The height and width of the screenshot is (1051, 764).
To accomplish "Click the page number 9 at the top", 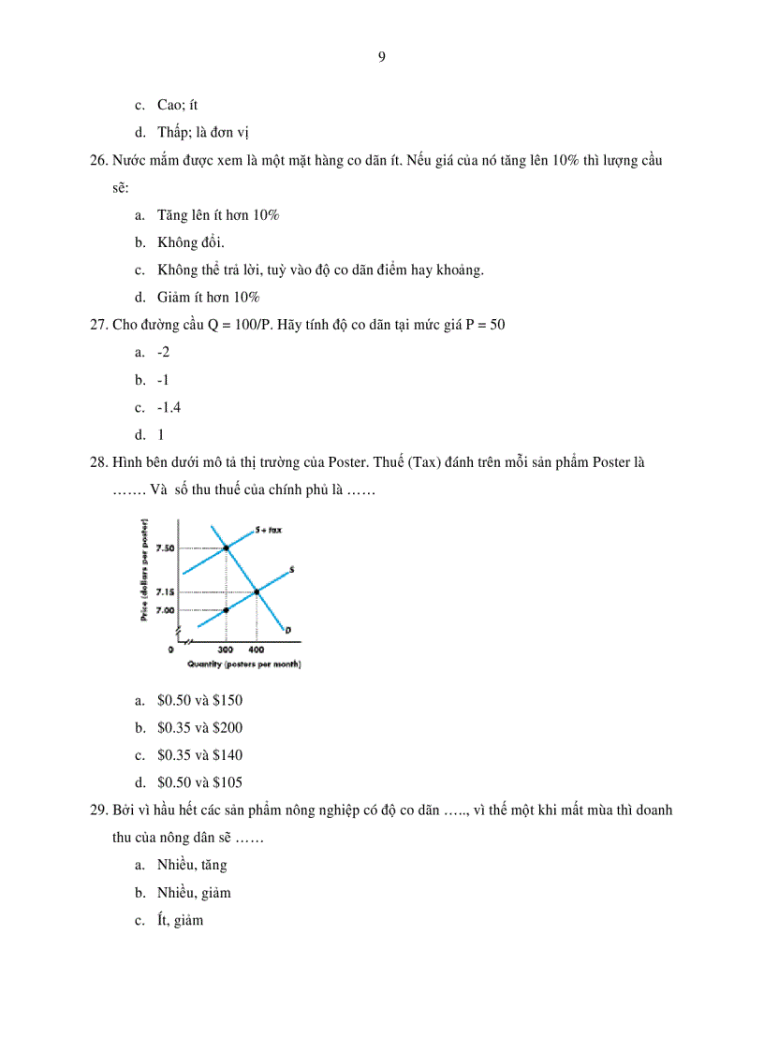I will tap(382, 56).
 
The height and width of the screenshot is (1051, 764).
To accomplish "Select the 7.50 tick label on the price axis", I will tap(166, 547).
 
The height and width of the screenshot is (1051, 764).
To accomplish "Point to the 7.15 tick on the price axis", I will tap(166, 591).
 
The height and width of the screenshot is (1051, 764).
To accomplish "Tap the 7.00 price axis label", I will tap(166, 609).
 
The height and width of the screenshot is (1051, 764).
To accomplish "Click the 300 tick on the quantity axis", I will tap(226, 649).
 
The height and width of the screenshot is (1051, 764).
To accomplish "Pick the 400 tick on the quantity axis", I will tap(256, 649).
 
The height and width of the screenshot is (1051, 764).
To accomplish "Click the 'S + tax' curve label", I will tap(269, 530).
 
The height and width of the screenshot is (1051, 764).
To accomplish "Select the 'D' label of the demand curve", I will tap(288, 630).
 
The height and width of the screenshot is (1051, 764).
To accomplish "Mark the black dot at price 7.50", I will tap(226, 547).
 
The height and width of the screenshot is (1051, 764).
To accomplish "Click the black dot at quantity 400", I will tap(257, 591).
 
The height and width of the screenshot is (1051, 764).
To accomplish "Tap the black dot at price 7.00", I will tap(226, 609).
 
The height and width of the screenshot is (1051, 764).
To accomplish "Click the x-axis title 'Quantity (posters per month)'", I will tap(243, 664).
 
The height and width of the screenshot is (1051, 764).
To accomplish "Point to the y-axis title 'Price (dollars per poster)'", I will tap(144, 571).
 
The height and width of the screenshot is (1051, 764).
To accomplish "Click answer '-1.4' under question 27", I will tap(169, 407).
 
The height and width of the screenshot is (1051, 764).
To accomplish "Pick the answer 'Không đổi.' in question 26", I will tap(191, 243).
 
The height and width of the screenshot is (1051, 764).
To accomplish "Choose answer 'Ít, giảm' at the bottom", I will tap(180, 921).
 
